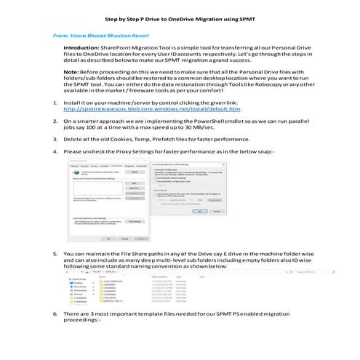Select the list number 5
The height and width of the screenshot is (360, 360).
click(56, 254)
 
